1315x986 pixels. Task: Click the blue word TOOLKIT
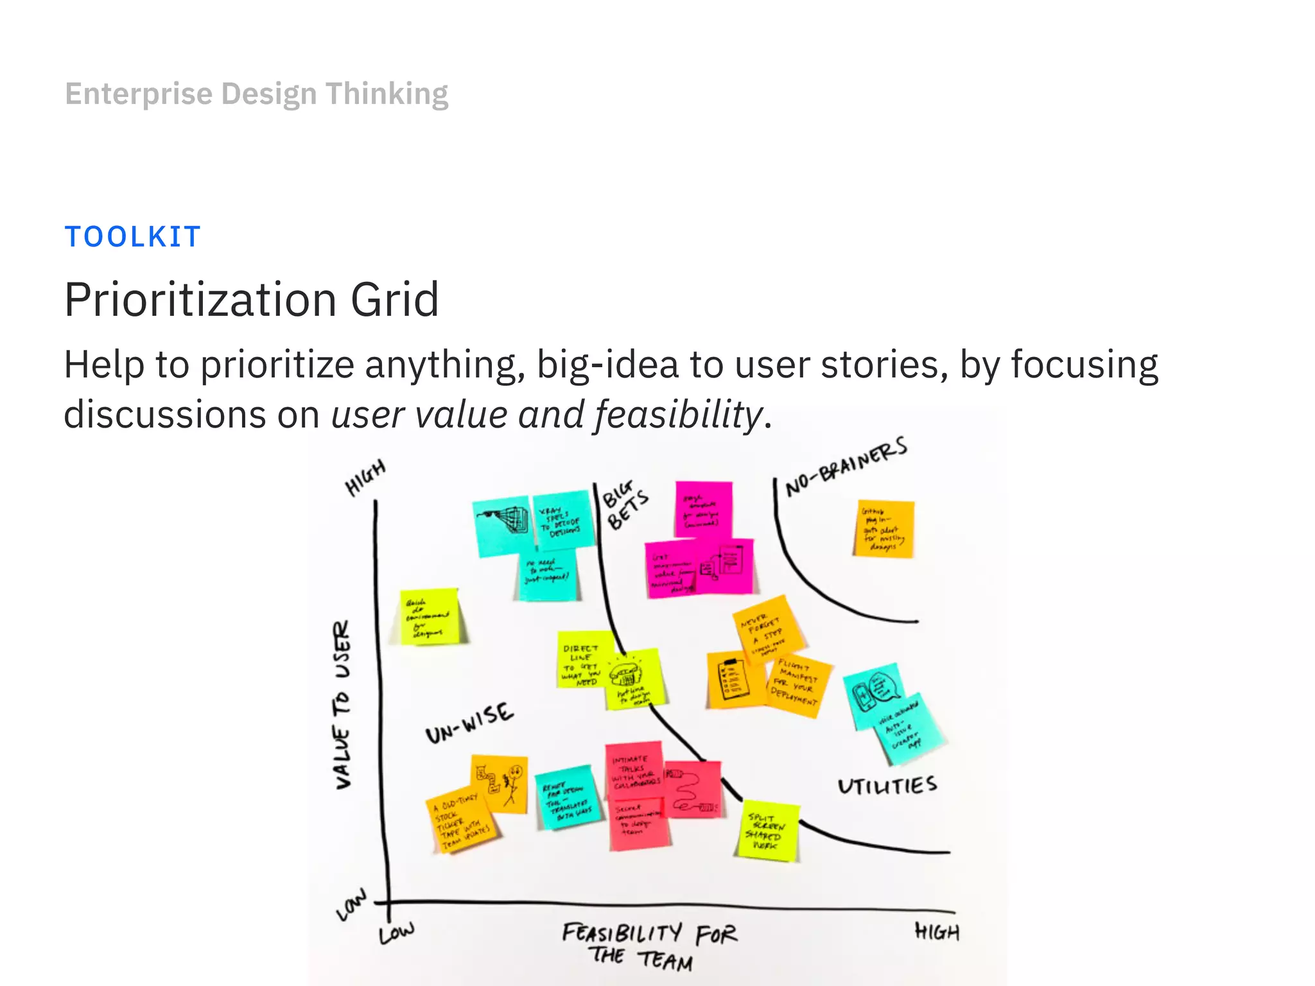pyautogui.click(x=133, y=237)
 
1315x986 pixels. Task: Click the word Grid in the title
pyautogui.click(x=394, y=300)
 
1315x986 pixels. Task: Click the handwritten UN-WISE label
pyautogui.click(x=469, y=723)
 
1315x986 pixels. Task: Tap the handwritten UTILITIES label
pyautogui.click(x=887, y=786)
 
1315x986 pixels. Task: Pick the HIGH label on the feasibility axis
pyautogui.click(x=937, y=932)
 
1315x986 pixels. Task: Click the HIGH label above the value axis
pyautogui.click(x=365, y=478)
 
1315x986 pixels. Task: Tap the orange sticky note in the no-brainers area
pyautogui.click(x=884, y=529)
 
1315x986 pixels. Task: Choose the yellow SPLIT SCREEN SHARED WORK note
pyautogui.click(x=767, y=831)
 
